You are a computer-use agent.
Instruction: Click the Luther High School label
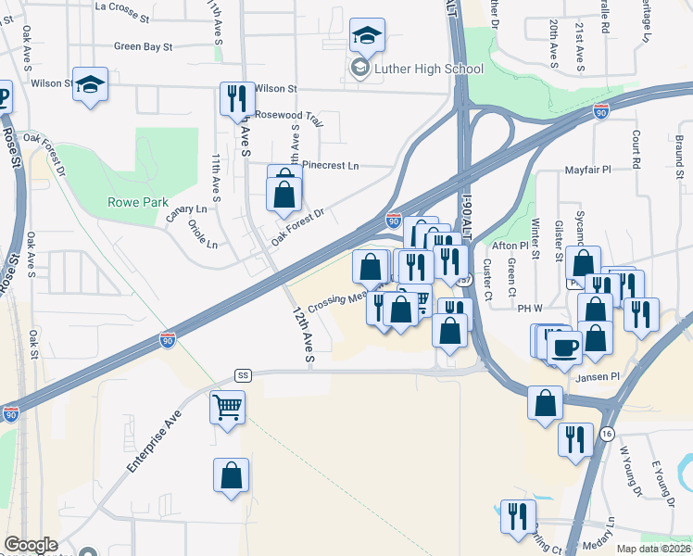coord(428,69)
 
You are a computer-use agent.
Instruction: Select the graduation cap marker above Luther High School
coord(367,36)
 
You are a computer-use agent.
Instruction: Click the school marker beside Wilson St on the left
coord(91,85)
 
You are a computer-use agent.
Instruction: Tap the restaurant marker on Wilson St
coord(236,98)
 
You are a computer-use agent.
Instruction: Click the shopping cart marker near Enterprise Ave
coord(228,407)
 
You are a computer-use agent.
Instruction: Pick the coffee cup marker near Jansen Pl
coord(564,347)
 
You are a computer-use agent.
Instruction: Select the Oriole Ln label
coord(201,234)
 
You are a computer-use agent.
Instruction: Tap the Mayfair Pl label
coord(588,171)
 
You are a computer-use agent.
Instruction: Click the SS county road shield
coord(244,375)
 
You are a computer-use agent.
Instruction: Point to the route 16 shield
coord(607,434)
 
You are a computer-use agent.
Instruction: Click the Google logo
coord(31,545)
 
